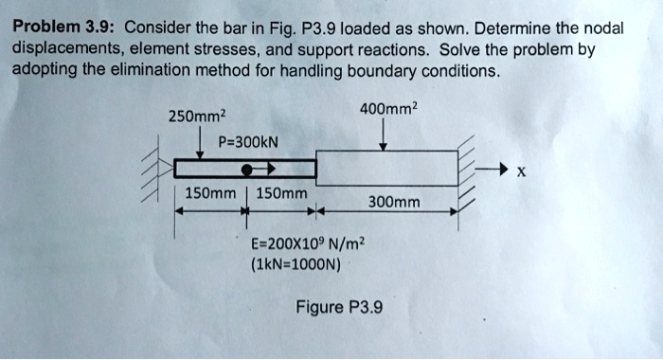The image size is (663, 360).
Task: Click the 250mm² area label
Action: (195, 117)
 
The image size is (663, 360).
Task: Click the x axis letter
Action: (523, 172)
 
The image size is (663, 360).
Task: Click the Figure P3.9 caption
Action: (339, 307)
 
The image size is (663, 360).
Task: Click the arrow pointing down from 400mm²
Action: (382, 135)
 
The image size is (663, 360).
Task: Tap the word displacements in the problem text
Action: (62, 49)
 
